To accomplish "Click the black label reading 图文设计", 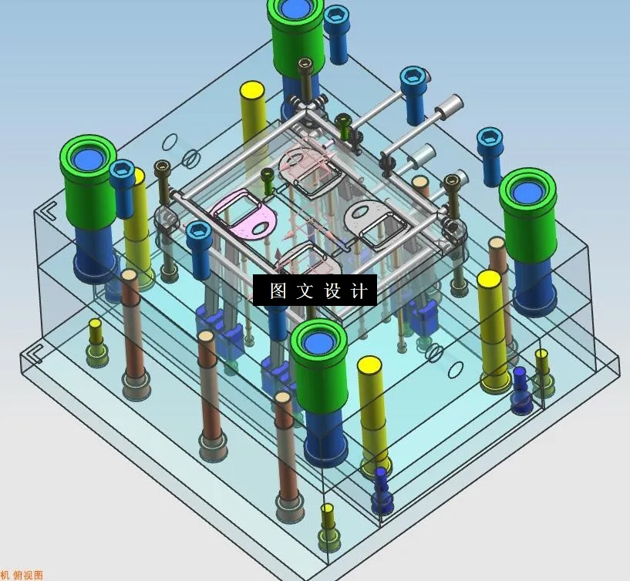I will (315, 290).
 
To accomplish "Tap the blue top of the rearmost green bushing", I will (296, 9).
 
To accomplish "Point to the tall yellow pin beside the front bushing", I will (372, 412).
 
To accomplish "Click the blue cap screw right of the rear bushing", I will (336, 32).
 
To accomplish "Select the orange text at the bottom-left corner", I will (22, 575).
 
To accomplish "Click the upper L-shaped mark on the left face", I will (48, 210).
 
